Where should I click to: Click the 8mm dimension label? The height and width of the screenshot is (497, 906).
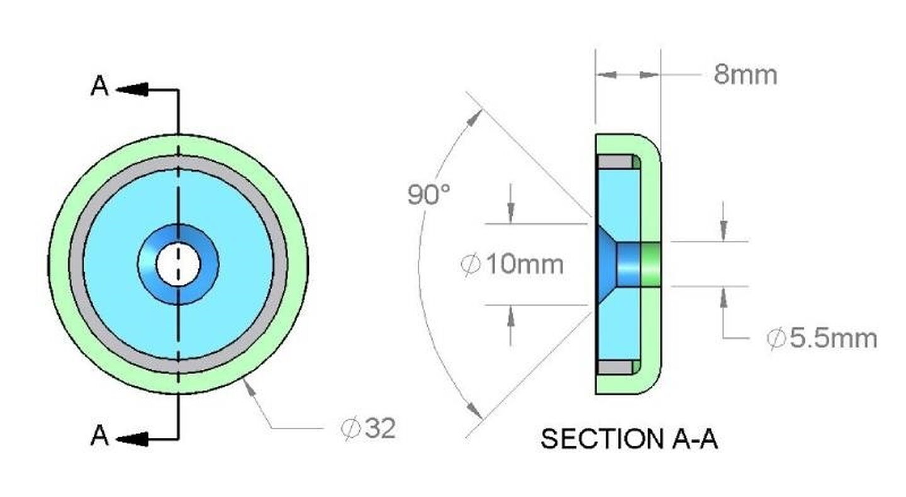click(745, 75)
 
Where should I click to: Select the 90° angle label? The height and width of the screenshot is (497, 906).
click(428, 194)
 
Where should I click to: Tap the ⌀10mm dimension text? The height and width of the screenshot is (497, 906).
click(512, 265)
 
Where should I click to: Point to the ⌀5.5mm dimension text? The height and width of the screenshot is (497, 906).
click(822, 338)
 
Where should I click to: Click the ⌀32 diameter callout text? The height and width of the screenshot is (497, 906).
click(367, 428)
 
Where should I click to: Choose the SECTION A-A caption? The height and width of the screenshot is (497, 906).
click(629, 439)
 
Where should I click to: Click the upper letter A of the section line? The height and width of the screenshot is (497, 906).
click(99, 86)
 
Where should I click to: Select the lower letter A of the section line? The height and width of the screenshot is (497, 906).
click(99, 435)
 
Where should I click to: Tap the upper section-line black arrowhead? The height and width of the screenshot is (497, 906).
click(132, 89)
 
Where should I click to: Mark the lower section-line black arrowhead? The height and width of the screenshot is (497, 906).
click(132, 439)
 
